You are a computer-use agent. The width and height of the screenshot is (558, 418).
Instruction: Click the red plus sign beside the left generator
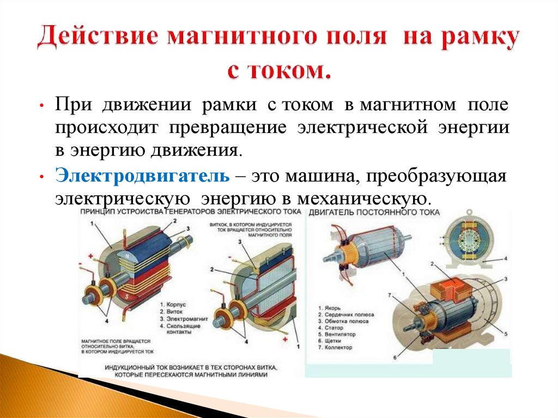[x=89, y=255]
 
